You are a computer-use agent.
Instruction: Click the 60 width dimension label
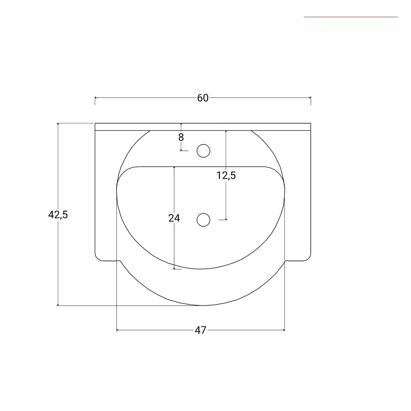point(203,98)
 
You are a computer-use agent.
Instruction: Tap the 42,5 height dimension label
point(58,214)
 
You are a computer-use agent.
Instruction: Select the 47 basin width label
point(200,330)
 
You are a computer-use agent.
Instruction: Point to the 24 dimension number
point(174,218)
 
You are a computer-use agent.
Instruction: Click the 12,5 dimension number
point(226,176)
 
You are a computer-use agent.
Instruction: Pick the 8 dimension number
point(181,137)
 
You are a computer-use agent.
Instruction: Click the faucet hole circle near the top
point(203,151)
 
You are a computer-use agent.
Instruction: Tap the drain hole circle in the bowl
point(203,220)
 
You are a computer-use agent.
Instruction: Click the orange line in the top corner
point(351,17)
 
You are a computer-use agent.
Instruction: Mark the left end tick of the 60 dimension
point(95,98)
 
